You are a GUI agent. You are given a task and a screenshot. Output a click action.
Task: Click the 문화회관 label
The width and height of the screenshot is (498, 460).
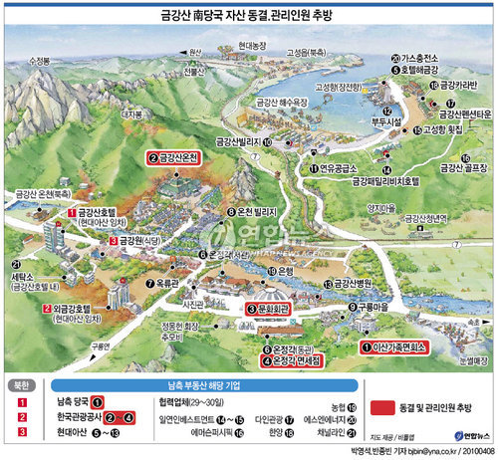tap(270, 311)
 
